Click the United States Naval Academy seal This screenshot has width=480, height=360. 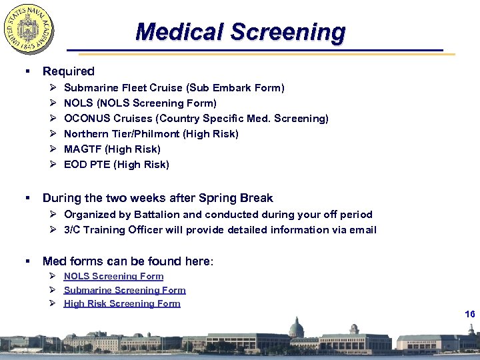29,30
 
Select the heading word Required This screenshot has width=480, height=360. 68,71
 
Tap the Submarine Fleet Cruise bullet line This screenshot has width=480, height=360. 173,88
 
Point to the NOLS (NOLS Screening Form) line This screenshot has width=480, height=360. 140,103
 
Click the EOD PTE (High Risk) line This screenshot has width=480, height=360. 116,165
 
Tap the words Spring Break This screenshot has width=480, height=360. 241,198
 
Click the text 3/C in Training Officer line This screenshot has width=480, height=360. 72,230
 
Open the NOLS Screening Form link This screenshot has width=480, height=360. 113,276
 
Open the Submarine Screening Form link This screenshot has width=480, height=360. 125,290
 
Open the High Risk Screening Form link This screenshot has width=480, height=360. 122,303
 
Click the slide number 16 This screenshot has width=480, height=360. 469,314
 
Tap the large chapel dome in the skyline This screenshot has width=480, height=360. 296,328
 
